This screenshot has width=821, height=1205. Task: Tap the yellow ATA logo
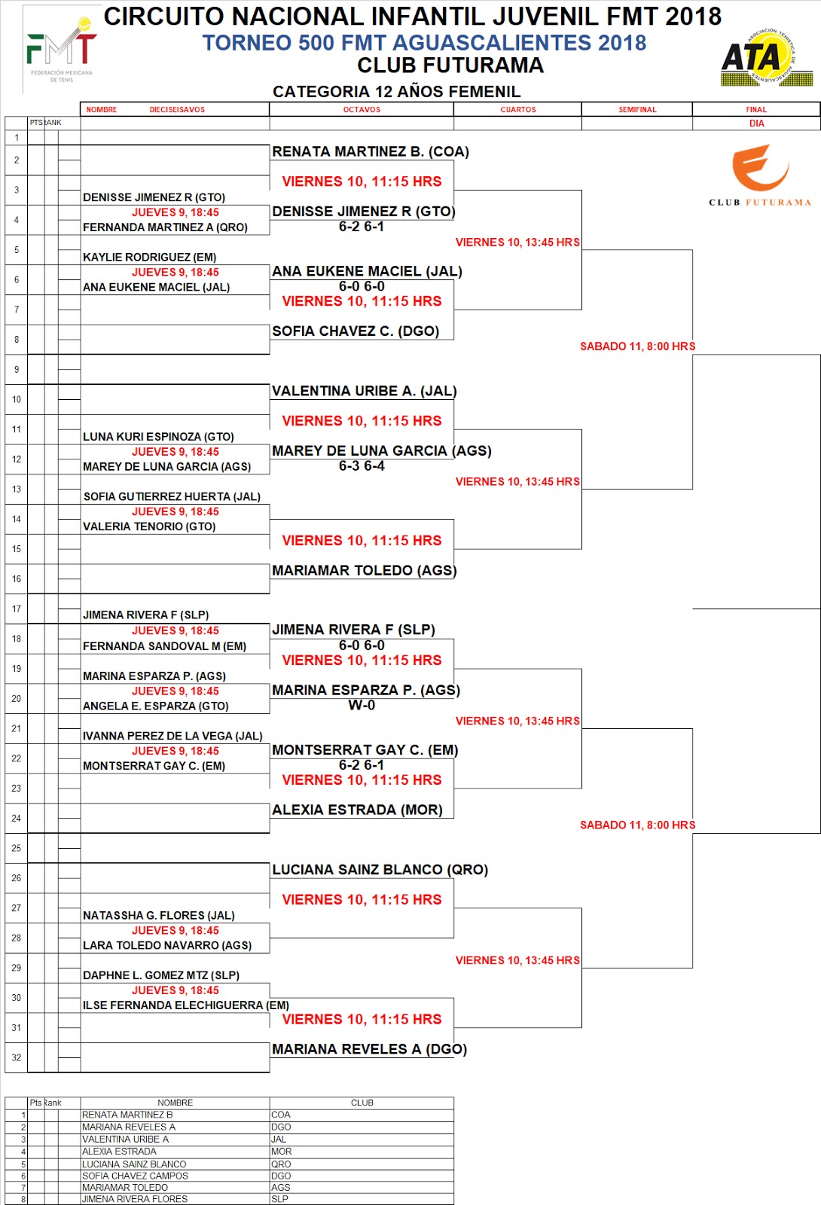click(767, 57)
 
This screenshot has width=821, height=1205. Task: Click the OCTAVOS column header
click(362, 110)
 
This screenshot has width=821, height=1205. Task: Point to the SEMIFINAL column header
click(637, 110)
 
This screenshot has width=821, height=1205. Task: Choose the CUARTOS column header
click(518, 110)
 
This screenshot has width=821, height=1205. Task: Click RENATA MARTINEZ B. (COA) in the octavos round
click(371, 152)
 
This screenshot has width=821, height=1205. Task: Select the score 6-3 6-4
click(362, 466)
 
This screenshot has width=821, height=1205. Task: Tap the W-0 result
click(362, 706)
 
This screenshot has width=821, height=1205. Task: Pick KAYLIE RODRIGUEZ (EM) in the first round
click(149, 258)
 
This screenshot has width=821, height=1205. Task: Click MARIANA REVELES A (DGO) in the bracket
click(369, 1050)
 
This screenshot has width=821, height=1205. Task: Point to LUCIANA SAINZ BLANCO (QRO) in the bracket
click(380, 870)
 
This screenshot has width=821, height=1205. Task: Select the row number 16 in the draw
click(17, 579)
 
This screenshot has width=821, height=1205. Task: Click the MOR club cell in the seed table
click(282, 1152)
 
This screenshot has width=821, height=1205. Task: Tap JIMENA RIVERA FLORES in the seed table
click(135, 1199)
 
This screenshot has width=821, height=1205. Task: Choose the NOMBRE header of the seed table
click(175, 1103)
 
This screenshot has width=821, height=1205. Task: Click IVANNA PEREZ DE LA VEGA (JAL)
click(172, 737)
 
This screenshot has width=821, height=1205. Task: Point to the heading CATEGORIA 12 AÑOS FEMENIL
click(396, 92)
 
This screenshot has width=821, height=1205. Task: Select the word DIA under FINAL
click(756, 124)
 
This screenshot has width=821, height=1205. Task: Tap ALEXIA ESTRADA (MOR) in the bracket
click(357, 810)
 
